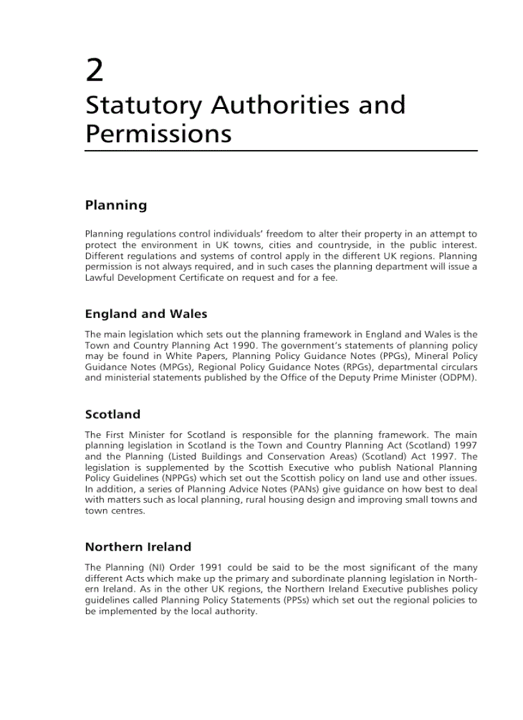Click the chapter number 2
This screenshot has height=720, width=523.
pyautogui.click(x=94, y=71)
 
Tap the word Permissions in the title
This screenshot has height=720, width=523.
pyautogui.click(x=158, y=133)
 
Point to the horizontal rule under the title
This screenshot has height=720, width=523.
pyautogui.click(x=281, y=151)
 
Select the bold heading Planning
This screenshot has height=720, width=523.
pyautogui.click(x=116, y=205)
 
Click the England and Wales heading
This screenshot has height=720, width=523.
pyautogui.click(x=146, y=314)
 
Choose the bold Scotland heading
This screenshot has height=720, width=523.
pyautogui.click(x=113, y=414)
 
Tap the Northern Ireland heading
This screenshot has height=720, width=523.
pyautogui.click(x=138, y=547)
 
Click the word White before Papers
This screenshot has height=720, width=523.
pyautogui.click(x=179, y=356)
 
